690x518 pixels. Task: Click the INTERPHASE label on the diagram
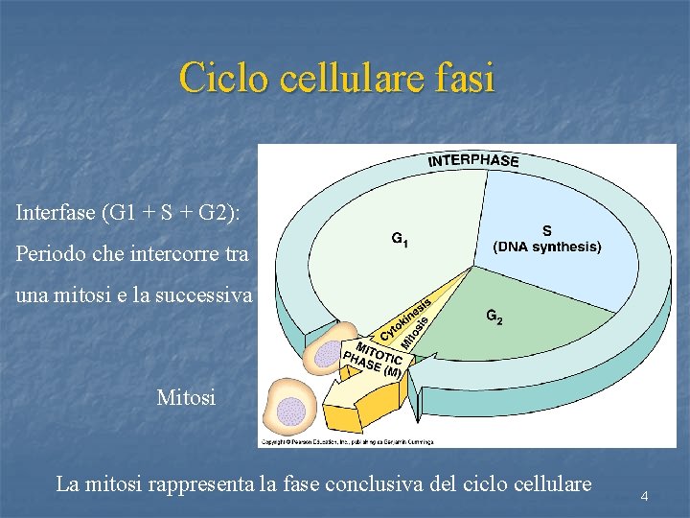tap(473, 160)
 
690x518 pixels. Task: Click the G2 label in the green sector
tap(494, 317)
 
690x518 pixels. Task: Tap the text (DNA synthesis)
tap(547, 247)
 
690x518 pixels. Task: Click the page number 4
tap(645, 496)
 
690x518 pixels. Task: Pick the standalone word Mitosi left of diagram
tap(186, 396)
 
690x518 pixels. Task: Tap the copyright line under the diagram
tap(347, 442)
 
